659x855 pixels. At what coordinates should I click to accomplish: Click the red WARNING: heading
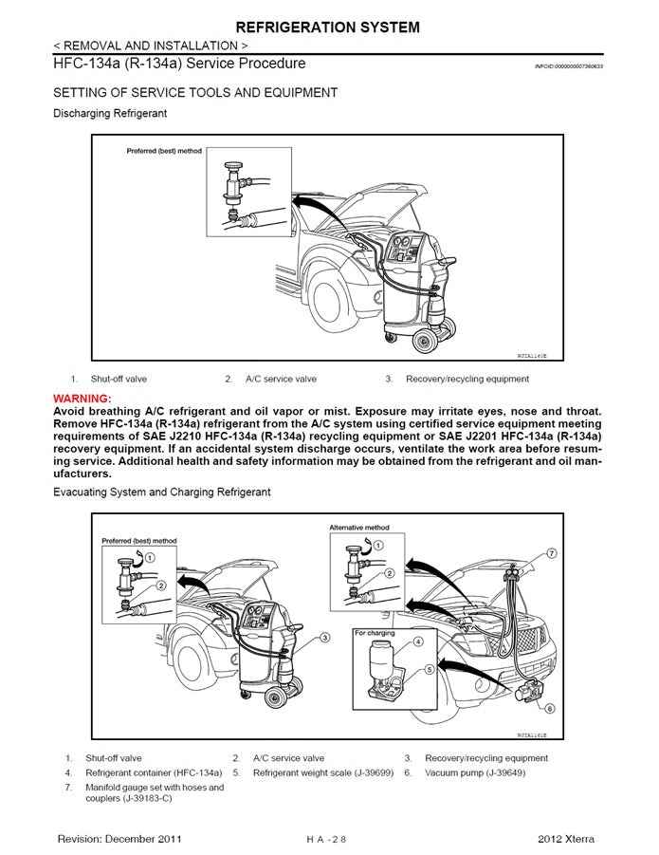82,398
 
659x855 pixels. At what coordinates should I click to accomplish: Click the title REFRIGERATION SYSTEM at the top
328,28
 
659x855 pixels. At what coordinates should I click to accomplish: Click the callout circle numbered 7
551,552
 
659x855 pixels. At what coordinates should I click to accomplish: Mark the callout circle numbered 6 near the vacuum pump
549,708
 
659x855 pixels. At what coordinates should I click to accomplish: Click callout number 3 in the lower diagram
324,638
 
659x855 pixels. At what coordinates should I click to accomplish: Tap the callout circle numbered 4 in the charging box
418,642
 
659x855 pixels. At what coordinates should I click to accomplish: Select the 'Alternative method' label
358,528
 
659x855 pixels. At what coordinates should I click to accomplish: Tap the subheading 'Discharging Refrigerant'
110,114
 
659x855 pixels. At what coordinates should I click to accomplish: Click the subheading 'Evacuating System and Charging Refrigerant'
161,493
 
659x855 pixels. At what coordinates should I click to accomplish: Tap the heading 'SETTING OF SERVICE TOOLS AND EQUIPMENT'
194,93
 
